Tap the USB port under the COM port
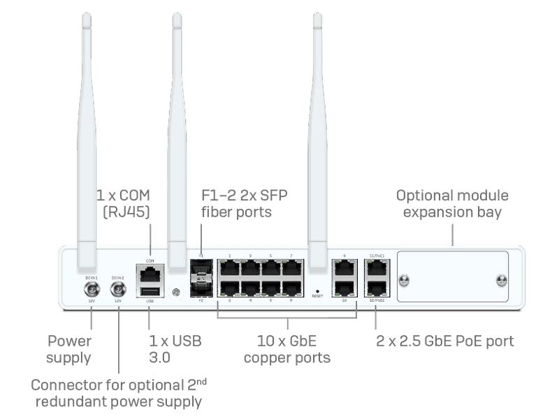click(x=150, y=292)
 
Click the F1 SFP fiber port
click(x=201, y=270)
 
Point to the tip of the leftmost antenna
click(x=88, y=15)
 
